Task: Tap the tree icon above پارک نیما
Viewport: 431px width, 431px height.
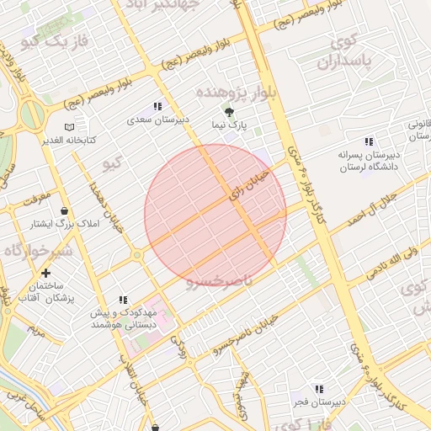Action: point(228,110)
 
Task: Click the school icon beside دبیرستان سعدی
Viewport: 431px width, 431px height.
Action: point(157,107)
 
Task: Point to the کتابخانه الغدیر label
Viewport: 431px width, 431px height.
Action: point(70,139)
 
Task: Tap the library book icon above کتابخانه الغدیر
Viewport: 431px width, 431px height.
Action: point(69,126)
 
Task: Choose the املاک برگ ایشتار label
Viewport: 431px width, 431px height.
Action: point(53,225)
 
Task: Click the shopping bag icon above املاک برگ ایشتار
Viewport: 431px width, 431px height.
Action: point(64,210)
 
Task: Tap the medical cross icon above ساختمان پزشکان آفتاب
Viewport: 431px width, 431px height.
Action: point(45,273)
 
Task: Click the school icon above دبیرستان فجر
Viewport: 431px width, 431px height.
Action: point(318,389)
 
